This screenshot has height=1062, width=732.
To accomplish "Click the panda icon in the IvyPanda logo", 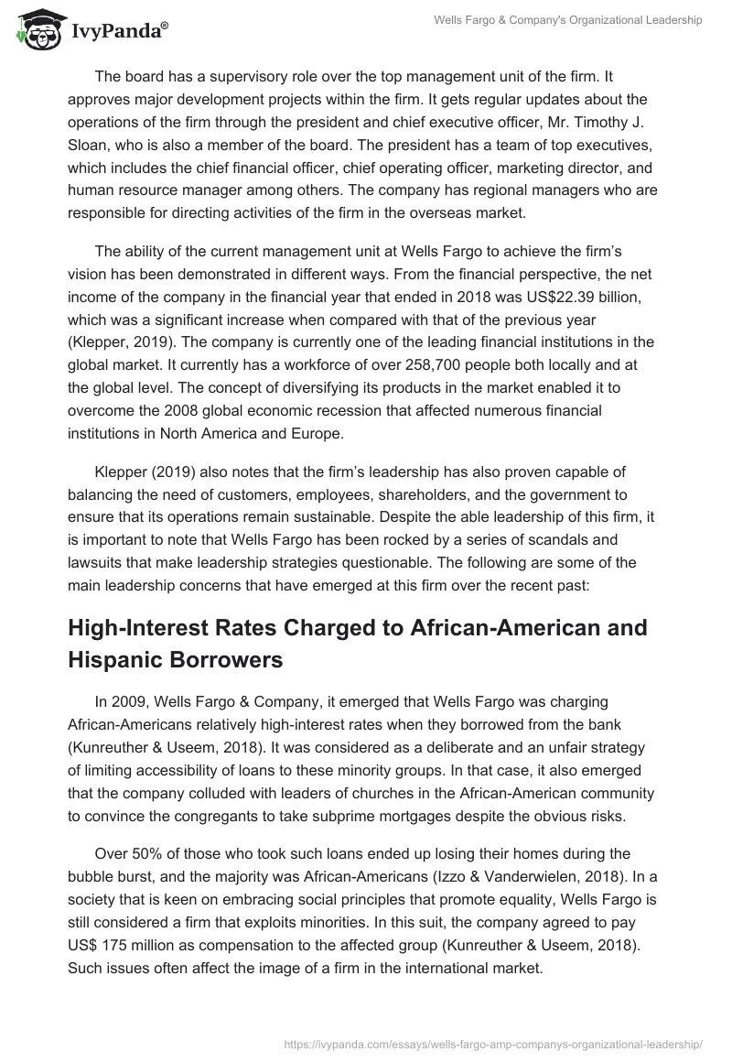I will pyautogui.click(x=38, y=30).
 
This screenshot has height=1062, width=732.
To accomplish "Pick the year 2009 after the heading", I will pyautogui.click(x=128, y=702).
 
